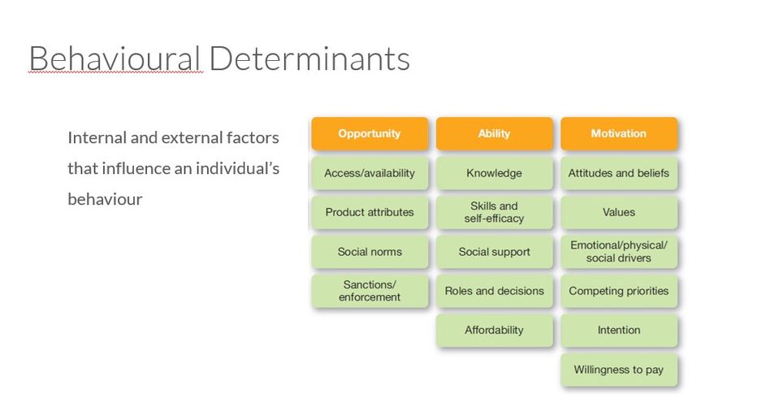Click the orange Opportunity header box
370,133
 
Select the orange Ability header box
495,133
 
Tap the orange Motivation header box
619,133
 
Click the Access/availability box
370,173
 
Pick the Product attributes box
370,212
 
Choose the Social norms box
370,251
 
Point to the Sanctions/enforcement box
370,291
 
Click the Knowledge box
495,173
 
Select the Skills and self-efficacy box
495,212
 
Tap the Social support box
495,251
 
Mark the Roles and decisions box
495,291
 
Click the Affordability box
495,330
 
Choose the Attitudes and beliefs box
619,173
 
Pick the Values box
619,212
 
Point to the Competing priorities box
619,291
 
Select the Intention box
619,330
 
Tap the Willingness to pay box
619,370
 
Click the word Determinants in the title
309,59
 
